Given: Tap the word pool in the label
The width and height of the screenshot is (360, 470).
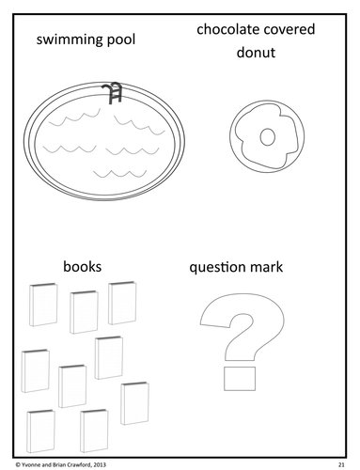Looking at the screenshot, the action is [x=120, y=40].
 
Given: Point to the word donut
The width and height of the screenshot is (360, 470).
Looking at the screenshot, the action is [x=256, y=53].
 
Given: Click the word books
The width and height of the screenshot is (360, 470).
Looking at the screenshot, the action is [x=83, y=267].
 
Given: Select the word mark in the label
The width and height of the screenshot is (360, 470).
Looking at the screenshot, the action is [x=267, y=267].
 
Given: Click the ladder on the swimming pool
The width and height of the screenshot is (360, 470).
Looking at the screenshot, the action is [x=112, y=93].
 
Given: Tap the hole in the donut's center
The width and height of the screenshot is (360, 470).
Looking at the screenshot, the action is [x=267, y=137].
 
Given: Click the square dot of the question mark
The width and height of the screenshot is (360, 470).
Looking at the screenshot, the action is [x=240, y=379].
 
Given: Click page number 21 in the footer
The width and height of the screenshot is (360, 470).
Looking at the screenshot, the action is [x=341, y=464].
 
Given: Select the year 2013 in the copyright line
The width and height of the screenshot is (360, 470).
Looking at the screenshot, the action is [x=100, y=464].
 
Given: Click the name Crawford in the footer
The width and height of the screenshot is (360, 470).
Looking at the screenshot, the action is [x=81, y=464].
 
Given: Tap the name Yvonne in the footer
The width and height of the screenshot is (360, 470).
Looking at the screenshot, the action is [x=29, y=464].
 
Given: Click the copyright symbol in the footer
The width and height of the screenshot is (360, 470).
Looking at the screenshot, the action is [x=18, y=464].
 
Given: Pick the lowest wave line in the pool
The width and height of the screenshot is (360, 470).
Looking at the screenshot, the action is [x=120, y=173].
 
